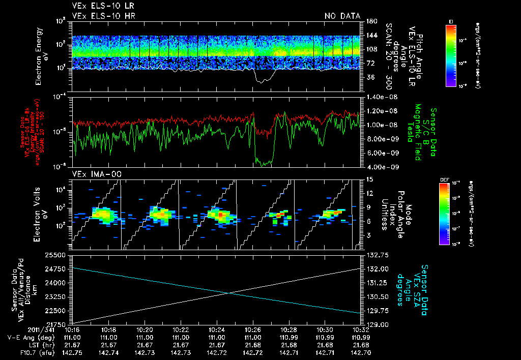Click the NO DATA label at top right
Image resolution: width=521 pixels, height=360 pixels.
click(342, 16)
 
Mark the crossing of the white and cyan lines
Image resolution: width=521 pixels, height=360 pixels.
click(230, 292)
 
